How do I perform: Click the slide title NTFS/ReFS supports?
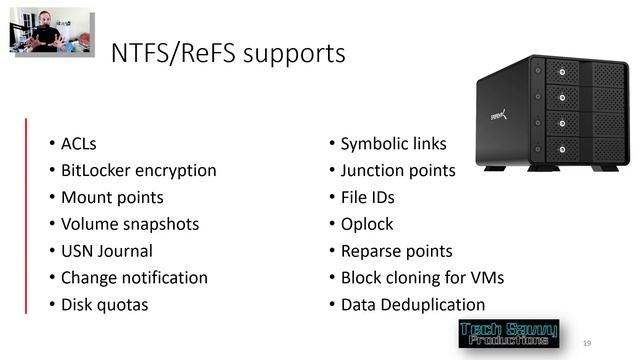pos(228,52)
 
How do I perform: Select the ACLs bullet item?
pos(79,144)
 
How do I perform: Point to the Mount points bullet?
pos(112,198)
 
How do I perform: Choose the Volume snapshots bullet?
pos(130,224)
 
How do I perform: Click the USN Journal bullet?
pos(107,251)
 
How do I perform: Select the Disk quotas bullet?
pos(104,305)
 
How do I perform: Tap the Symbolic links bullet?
pos(393,144)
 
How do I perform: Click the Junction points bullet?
pos(397,171)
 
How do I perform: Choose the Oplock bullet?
pos(367,224)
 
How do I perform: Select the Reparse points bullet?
pos(396,251)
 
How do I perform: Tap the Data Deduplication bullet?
pos(412,305)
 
